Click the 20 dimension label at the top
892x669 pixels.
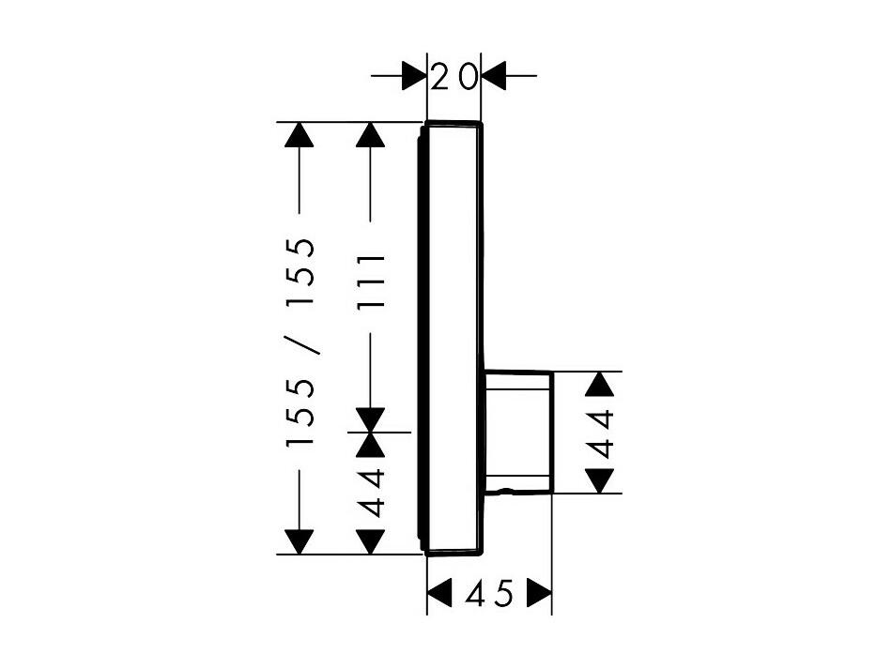[454, 77]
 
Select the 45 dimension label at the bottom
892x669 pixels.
[489, 594]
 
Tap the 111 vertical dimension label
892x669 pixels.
[371, 281]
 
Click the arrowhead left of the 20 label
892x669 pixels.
[414, 76]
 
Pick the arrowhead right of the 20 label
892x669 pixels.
[493, 76]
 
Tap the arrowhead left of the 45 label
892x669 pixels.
[439, 595]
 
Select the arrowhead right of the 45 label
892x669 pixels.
[539, 595]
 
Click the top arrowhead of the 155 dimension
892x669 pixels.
[300, 135]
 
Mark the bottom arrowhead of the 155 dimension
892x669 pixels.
[300, 541]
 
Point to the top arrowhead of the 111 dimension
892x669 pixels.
[370, 135]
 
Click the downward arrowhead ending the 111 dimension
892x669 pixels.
[370, 420]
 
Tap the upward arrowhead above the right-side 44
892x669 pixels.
[601, 384]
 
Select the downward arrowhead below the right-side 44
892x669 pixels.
[601, 480]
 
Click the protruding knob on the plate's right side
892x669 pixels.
[518, 432]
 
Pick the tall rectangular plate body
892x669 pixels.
[453, 338]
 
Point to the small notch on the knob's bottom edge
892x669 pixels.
[503, 490]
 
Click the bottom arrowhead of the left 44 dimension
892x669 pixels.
[370, 541]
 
